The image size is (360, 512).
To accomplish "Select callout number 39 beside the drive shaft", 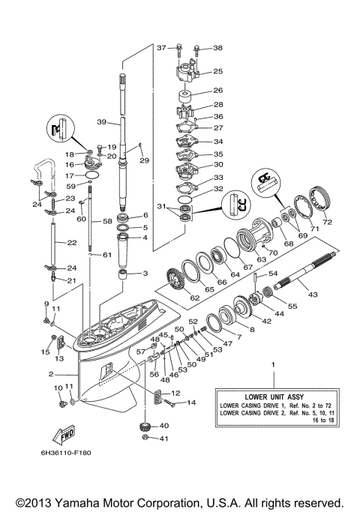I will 101,122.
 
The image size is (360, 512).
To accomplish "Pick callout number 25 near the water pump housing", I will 218,72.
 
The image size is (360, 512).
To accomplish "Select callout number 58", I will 107,222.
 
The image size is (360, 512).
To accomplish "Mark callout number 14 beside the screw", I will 191,403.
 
